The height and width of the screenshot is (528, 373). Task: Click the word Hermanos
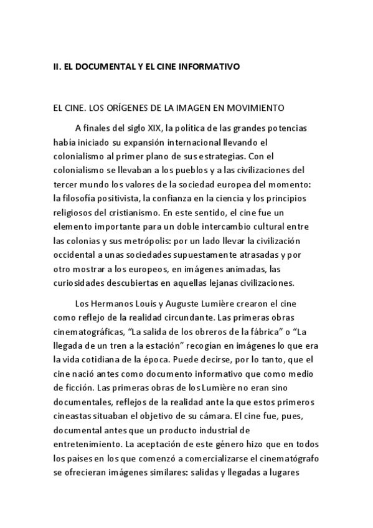click(x=110, y=303)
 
